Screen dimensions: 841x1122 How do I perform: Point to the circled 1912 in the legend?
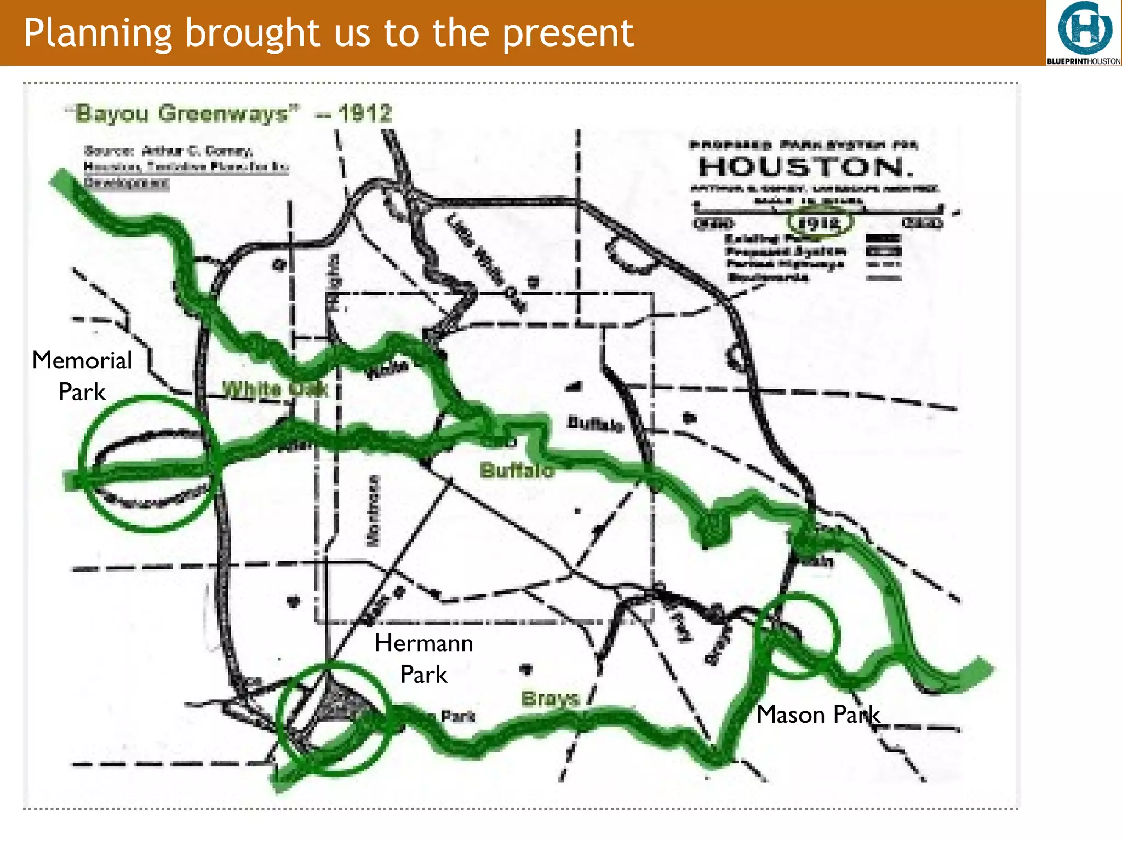pyautogui.click(x=820, y=223)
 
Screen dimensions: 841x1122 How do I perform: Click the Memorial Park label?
pyautogui.click(x=82, y=376)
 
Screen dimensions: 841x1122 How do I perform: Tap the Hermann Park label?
pyautogui.click(x=423, y=658)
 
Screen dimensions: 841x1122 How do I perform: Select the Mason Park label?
pyautogui.click(x=818, y=715)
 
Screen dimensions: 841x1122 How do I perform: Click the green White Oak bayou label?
pyautogui.click(x=275, y=389)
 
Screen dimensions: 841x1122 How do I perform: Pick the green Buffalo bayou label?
pyautogui.click(x=517, y=470)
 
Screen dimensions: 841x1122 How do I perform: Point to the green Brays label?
pyautogui.click(x=550, y=698)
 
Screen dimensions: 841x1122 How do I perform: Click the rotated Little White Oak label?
pyautogui.click(x=485, y=261)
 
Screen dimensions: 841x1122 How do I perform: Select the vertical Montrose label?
pyautogui.click(x=373, y=510)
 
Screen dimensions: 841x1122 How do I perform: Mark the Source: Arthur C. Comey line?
pyautogui.click(x=168, y=150)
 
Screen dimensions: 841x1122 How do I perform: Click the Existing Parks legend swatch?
pyautogui.click(x=883, y=238)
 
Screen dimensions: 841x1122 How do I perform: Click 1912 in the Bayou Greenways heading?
pyautogui.click(x=365, y=114)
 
